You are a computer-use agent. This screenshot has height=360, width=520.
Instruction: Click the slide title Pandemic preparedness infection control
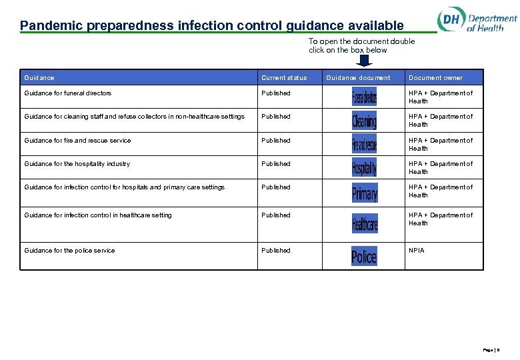coord(211,26)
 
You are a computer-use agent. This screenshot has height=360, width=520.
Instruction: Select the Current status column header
coord(284,78)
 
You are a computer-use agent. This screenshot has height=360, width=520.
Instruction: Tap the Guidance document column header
coord(358,78)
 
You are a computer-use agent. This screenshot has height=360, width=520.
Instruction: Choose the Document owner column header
coord(435,78)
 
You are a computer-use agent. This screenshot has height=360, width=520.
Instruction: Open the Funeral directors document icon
coord(364,97)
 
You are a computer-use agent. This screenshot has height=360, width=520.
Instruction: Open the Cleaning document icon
coord(364,121)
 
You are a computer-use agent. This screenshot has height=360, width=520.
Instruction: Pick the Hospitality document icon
coord(364,167)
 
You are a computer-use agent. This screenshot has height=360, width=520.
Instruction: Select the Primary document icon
coord(364,193)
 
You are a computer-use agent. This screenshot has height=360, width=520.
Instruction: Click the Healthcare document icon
coord(364,223)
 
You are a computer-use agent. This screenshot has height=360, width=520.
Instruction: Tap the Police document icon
coord(364,256)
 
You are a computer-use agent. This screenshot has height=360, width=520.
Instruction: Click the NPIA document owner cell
coord(416,251)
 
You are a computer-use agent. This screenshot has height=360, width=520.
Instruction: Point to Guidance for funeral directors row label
coord(67,93)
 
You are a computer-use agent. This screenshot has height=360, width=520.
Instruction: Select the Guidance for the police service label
coord(69,251)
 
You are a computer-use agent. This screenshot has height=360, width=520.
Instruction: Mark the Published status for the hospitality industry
coord(276,164)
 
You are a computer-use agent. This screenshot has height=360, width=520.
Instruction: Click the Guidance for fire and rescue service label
coord(77,141)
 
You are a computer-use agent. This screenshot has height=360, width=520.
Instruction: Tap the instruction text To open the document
coord(361,45)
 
